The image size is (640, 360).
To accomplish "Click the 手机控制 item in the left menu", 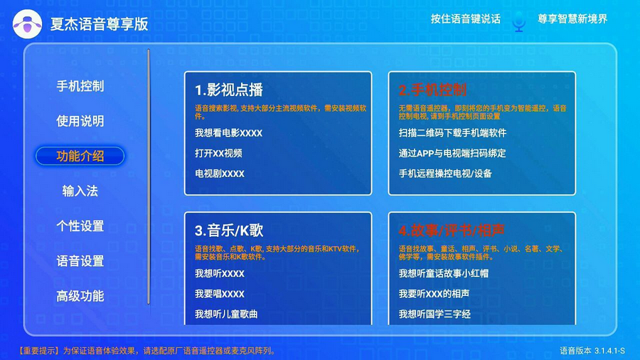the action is coord(80,86).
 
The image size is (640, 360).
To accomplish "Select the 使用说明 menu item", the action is coord(80,121).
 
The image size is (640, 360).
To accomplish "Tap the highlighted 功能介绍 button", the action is coord(80,156).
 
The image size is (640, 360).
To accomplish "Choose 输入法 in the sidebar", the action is coord(80,191).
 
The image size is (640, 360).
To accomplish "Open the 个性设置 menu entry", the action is coord(80,226).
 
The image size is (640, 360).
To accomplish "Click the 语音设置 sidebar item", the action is coord(80,261).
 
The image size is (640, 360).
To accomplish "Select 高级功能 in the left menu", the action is coord(80,297).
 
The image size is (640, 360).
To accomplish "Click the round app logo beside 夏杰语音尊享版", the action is coord(27,24).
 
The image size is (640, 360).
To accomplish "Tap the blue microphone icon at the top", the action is coord(519,21).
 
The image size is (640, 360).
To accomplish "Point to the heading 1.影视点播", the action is coord(228,90).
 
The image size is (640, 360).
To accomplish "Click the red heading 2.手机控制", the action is coord(432,90).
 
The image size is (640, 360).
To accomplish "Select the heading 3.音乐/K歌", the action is coord(228,231).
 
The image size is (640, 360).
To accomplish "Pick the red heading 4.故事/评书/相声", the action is coord(452,231).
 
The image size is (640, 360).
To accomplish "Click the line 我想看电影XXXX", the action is coord(228,133).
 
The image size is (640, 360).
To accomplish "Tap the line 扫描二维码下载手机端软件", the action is coord(452,133).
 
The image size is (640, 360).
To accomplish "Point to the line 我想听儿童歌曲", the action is coord(226,314).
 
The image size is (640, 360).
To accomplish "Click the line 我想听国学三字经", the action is coord(434,314).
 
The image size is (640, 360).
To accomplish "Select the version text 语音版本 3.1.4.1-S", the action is coord(592,351).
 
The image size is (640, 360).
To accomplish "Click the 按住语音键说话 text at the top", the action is coord(465,19).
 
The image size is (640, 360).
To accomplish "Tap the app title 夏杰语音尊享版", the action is coord(99,24).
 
